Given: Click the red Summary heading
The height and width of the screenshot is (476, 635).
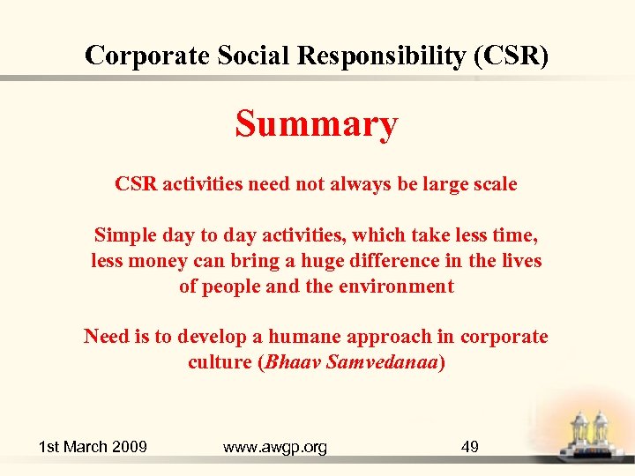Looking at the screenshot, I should coord(316,125).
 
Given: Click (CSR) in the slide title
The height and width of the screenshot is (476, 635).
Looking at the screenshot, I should coord(512,56).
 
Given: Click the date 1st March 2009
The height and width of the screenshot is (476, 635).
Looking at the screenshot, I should coord(93,447).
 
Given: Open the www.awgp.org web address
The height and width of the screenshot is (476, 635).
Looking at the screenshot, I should coord(275,447).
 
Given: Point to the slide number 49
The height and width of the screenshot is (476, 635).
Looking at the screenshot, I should coord(470,447).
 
